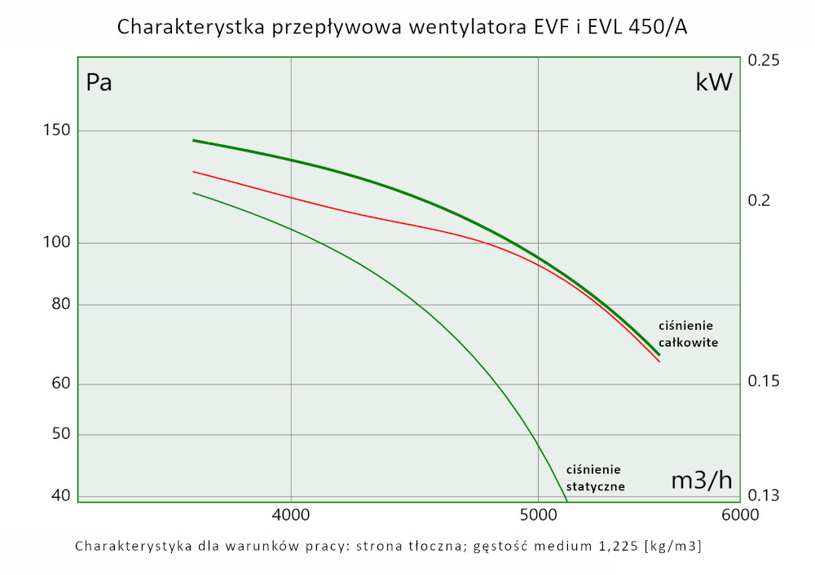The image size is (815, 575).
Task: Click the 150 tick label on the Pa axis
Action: (x=56, y=131)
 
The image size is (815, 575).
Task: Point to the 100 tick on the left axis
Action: (x=56, y=243)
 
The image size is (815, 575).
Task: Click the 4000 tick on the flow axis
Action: (x=291, y=515)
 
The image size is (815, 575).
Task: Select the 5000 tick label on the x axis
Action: (x=538, y=515)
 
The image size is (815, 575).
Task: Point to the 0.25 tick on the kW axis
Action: (x=764, y=61)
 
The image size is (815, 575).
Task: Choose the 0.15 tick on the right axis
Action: (x=764, y=381)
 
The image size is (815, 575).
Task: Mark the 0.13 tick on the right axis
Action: (x=764, y=495)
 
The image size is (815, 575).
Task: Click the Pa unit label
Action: (x=99, y=83)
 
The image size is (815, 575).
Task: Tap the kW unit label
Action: (x=713, y=82)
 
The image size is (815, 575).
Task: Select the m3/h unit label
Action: (x=701, y=481)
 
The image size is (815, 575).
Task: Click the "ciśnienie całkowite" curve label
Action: (x=688, y=334)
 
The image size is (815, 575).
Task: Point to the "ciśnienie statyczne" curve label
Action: (x=595, y=478)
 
